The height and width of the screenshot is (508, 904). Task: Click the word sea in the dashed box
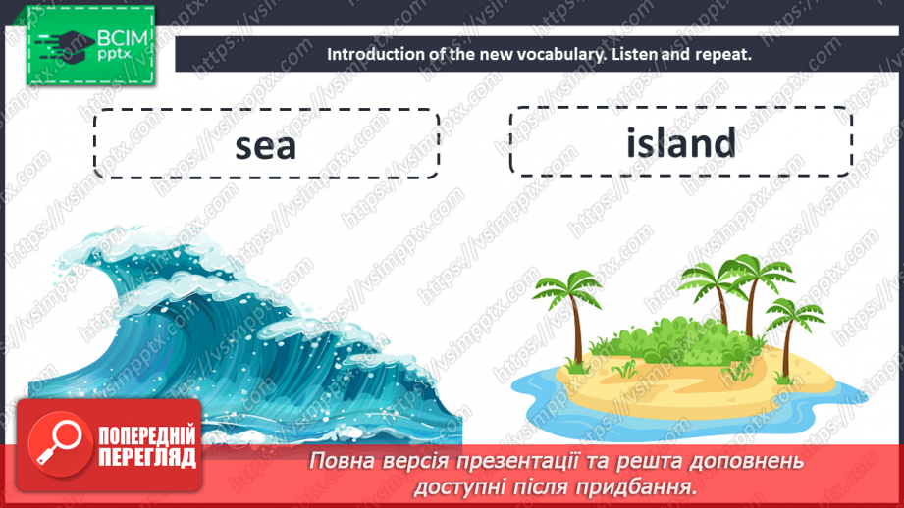point(265,145)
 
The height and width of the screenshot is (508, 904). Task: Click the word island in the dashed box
point(680,143)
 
